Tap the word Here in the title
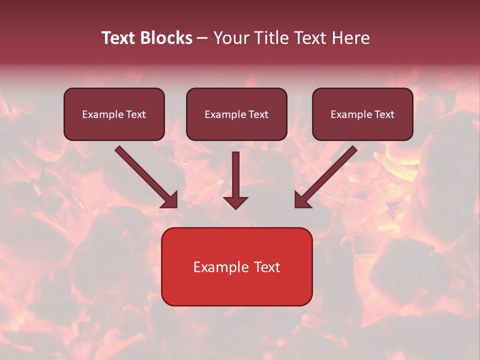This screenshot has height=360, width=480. (349, 38)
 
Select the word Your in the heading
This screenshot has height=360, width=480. (228, 38)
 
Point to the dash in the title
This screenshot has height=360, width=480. (202, 38)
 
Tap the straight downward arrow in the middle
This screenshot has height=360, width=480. (235, 175)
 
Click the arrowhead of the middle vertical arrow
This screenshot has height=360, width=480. (235, 202)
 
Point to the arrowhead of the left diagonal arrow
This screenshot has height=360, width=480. (170, 200)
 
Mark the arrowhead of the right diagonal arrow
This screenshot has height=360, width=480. (302, 200)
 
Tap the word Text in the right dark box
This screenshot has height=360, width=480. (384, 114)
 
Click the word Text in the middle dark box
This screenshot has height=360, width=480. (258, 114)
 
